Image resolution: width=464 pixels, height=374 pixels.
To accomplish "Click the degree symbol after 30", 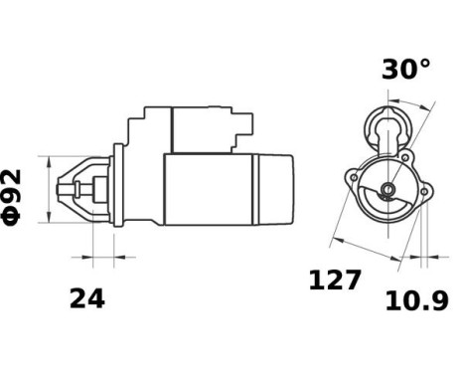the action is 426,62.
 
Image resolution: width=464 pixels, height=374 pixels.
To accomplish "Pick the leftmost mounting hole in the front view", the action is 350,179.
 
